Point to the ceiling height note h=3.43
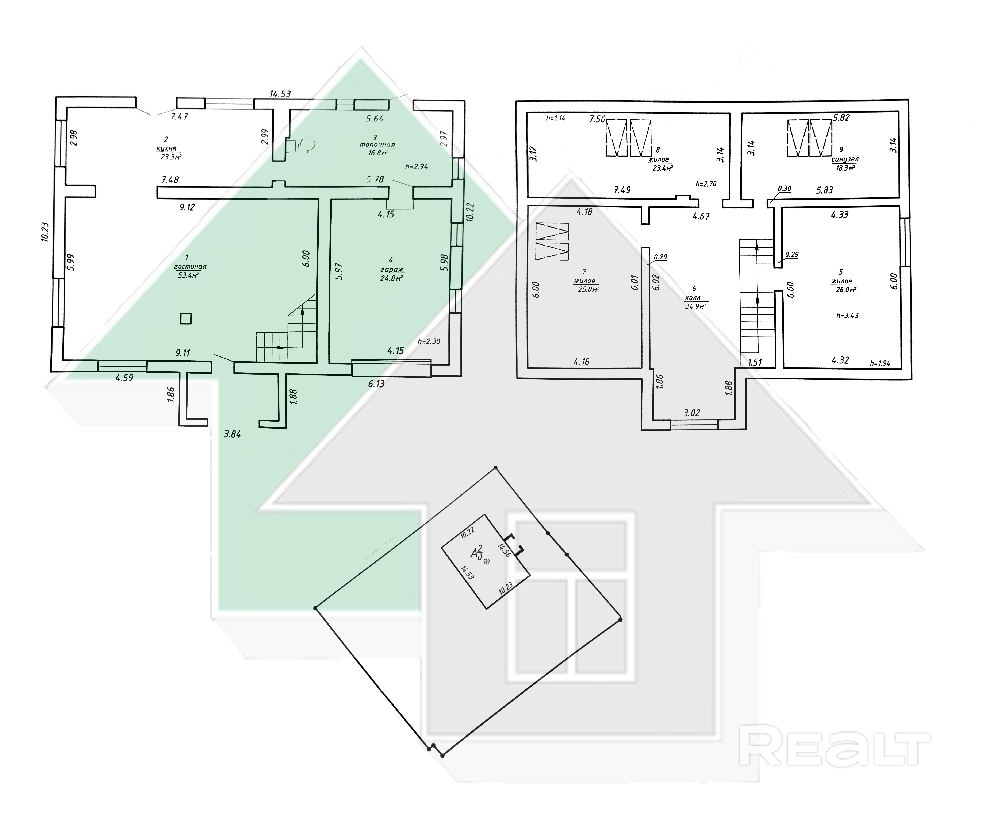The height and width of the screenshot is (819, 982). coord(847,316)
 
